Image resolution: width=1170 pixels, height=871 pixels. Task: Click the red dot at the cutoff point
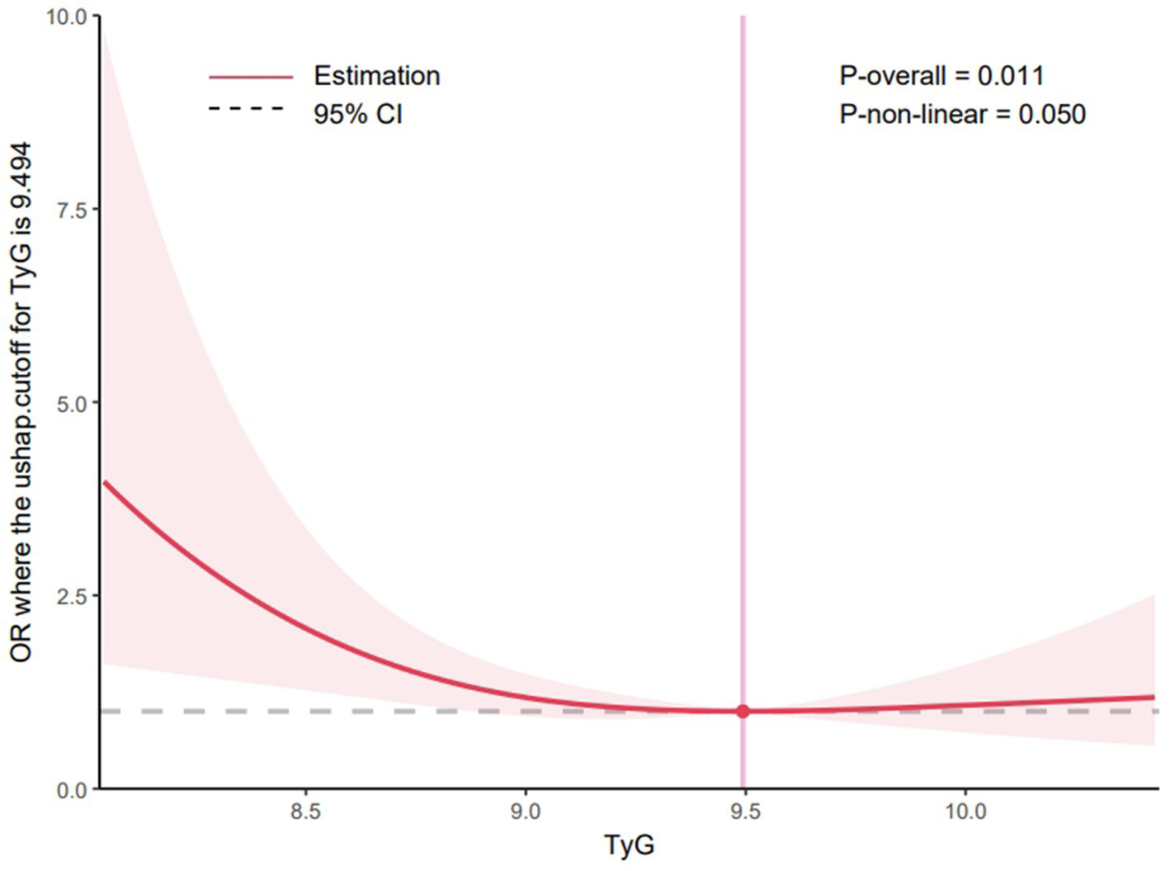[x=743, y=711]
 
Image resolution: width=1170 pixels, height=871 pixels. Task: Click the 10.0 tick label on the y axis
[x=70, y=16]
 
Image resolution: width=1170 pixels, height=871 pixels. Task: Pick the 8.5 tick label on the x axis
[x=304, y=812]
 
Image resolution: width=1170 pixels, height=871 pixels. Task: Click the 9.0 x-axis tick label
[x=525, y=812]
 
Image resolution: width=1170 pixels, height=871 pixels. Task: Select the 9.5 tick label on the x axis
[x=744, y=812]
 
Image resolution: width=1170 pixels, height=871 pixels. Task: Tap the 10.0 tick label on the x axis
[x=965, y=812]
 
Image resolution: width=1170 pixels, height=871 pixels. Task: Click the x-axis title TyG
[x=629, y=845]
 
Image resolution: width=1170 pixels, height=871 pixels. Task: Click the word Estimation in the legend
[x=376, y=76]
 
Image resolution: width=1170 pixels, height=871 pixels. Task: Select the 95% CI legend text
[x=357, y=114]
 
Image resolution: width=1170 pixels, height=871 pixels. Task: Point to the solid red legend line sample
[x=250, y=77]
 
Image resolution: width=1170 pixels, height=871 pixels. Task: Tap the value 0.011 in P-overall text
[x=1011, y=76]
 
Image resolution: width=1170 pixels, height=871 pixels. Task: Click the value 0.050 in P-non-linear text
[x=1051, y=114]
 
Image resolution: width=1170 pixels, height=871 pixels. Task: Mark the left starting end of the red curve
[x=105, y=482]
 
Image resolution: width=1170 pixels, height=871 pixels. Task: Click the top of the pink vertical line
[x=743, y=18]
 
